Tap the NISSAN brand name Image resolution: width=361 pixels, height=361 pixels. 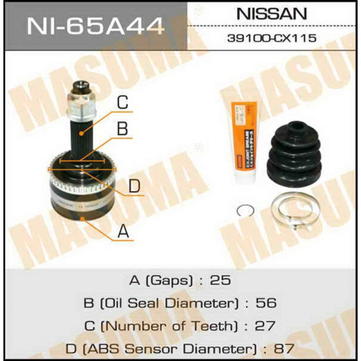[x=271, y=14]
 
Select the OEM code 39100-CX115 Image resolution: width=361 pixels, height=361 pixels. [x=272, y=38]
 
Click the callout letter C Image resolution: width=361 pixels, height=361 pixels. [x=122, y=103]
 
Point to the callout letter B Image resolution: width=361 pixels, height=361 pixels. [x=122, y=128]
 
